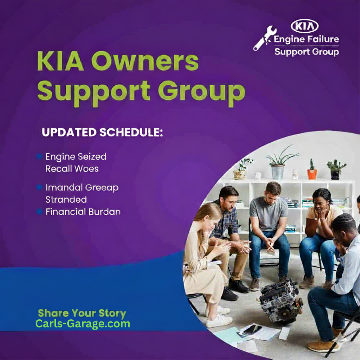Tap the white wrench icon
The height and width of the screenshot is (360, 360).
[x=265, y=38]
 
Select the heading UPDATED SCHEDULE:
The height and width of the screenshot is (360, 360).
[x=102, y=132]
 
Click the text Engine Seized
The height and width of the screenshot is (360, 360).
[x=76, y=157]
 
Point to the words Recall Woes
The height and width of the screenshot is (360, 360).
[x=72, y=168]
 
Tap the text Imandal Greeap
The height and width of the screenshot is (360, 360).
[x=82, y=188]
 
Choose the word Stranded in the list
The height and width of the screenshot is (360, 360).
[x=66, y=199]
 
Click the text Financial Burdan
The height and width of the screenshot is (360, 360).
[x=83, y=212]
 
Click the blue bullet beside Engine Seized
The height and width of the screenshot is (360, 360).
[x=39, y=157]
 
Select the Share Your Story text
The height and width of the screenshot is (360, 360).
[x=82, y=313]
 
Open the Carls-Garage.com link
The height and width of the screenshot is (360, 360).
[x=82, y=324]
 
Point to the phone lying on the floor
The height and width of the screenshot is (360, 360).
[x=252, y=329]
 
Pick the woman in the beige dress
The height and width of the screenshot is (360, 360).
[x=203, y=259]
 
